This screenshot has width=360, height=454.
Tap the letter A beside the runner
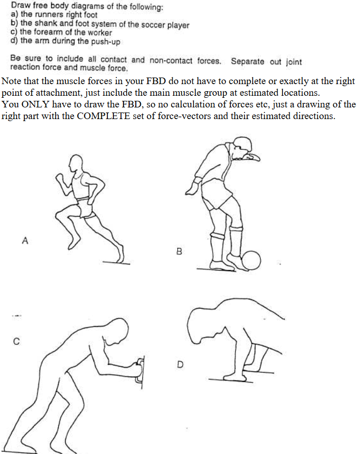tap(24, 241)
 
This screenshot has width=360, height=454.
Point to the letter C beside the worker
tap(17, 342)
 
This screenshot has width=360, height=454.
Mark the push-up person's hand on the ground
tap(238, 376)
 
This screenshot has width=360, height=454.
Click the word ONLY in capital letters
tap(29, 105)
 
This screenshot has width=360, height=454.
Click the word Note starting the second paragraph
tap(11, 82)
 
